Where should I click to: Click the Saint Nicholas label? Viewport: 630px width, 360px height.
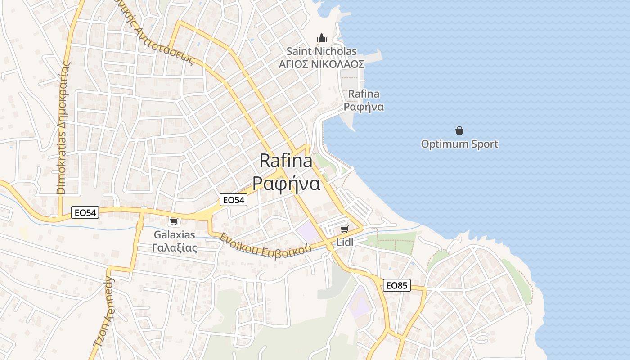321,51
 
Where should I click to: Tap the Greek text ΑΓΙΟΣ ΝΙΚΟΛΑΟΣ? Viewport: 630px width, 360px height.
321,64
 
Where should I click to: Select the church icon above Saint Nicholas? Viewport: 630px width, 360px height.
321,38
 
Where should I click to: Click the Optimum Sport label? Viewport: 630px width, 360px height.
459,144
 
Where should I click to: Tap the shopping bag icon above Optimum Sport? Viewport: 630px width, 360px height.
459,130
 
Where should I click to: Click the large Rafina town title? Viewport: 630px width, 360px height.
286,161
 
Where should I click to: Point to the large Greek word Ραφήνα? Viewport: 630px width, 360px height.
286,184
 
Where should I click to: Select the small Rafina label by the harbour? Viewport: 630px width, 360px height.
364,94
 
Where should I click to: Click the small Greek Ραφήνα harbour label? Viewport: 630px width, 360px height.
364,107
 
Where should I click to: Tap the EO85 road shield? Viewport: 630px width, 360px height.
397,285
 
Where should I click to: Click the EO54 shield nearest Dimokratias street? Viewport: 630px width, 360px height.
85,212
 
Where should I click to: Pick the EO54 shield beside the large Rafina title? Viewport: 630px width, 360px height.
234,200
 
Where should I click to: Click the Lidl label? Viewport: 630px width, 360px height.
345,242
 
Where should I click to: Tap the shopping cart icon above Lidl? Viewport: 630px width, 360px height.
345,229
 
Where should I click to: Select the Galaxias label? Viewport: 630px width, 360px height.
175,234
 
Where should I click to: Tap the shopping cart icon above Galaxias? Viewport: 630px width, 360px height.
174,221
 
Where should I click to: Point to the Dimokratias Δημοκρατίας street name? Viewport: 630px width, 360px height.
64,127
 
